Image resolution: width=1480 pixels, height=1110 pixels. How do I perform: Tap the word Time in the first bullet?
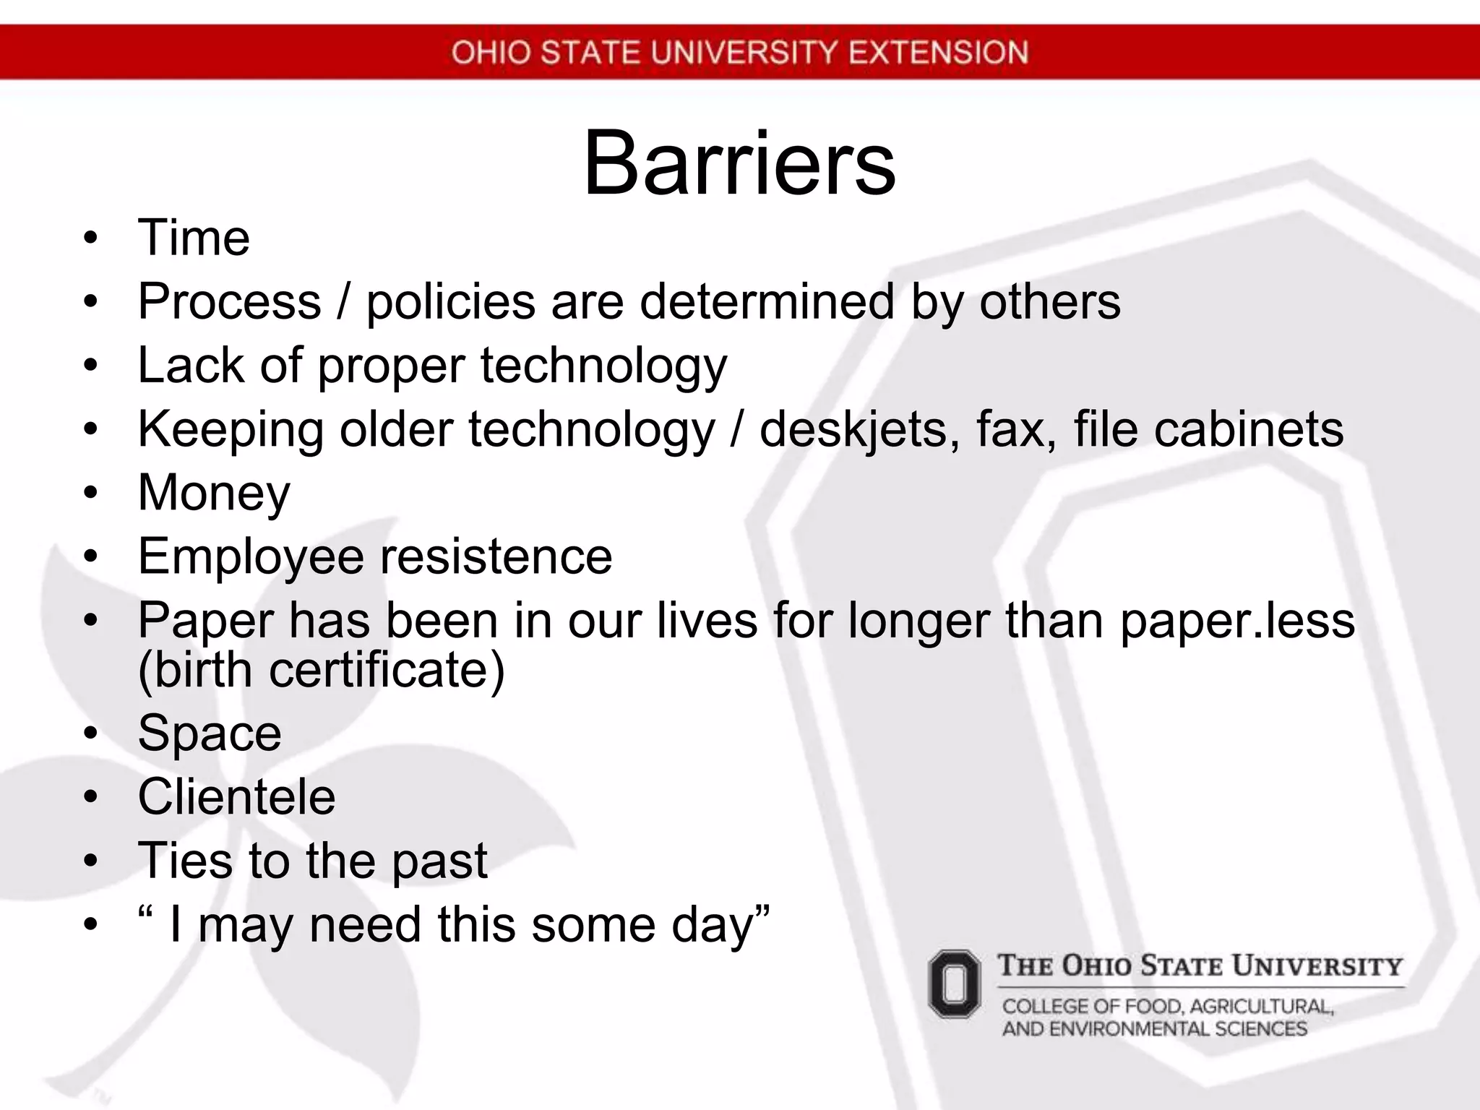tap(194, 238)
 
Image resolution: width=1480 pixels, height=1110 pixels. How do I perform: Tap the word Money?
tap(214, 494)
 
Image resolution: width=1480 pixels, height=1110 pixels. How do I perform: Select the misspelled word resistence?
tap(496, 556)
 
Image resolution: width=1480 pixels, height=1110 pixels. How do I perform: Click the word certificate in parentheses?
tap(387, 670)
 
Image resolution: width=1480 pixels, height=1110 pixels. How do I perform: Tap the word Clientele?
tap(237, 797)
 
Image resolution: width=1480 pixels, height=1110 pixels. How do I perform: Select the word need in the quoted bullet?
tap(365, 925)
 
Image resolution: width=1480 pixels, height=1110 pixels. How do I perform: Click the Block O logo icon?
tap(955, 984)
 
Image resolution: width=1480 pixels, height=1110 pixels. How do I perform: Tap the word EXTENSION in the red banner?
tap(938, 53)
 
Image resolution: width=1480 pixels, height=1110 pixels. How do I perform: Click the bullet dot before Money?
tap(90, 493)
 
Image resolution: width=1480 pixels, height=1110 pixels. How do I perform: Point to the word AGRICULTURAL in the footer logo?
tap(1261, 1007)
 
